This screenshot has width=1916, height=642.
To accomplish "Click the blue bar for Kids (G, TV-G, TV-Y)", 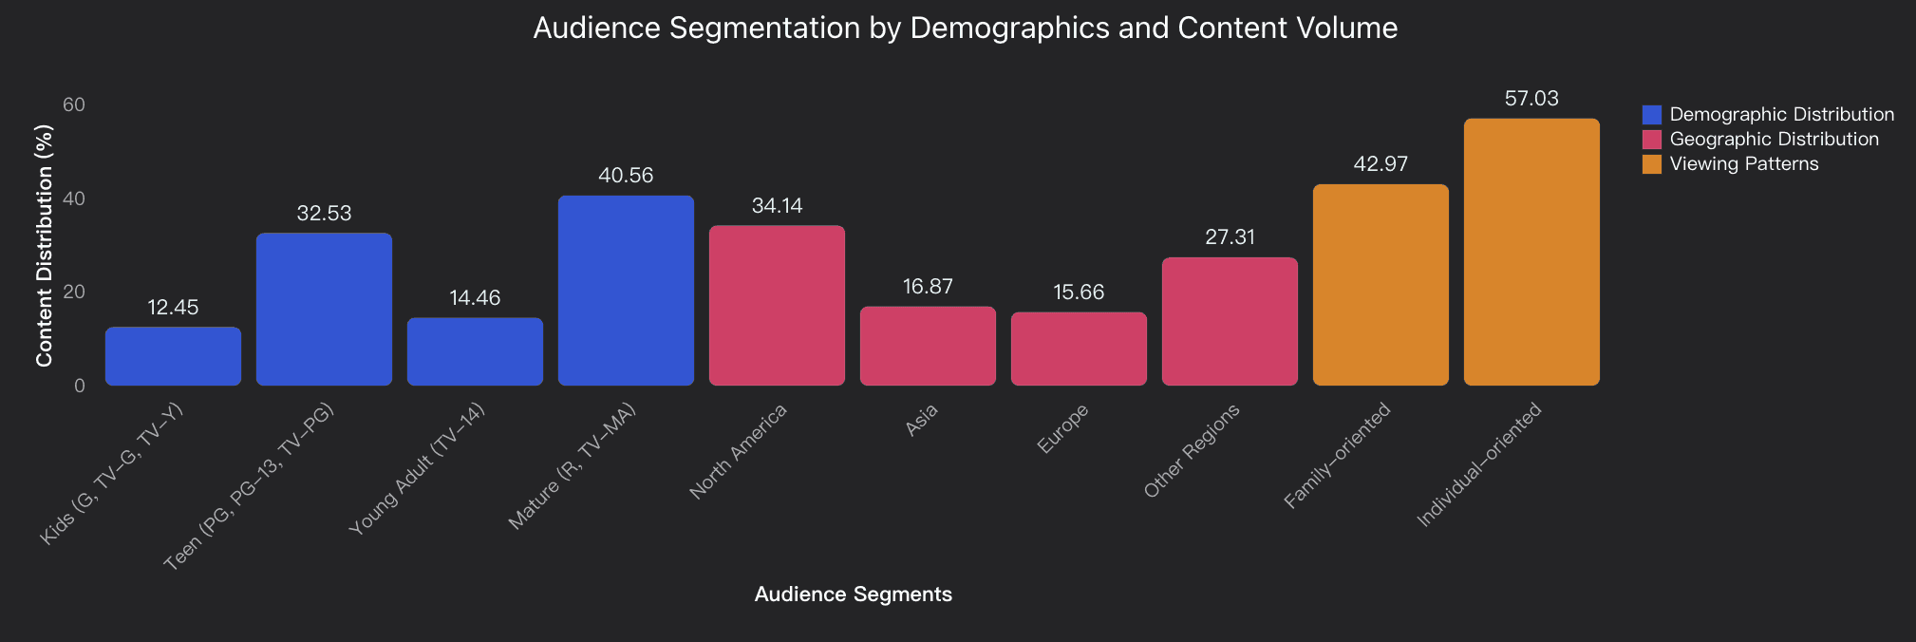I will [173, 356].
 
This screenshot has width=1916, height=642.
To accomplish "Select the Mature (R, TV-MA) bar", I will [626, 291].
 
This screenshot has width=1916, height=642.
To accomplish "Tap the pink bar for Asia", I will [928, 346].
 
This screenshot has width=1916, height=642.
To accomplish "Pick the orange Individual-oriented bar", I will [1531, 252].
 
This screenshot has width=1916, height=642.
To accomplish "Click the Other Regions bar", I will [1230, 321].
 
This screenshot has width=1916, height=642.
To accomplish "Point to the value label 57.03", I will [1531, 99].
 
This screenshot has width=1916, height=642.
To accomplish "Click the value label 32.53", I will [324, 214].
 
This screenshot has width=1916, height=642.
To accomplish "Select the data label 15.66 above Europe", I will [1079, 293].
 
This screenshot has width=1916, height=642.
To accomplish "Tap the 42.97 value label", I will [1381, 164].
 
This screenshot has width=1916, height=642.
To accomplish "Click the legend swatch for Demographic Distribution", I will [1652, 115].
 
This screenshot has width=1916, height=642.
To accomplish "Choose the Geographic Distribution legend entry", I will [1774, 140].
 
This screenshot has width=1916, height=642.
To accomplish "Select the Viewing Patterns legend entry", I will [1743, 164].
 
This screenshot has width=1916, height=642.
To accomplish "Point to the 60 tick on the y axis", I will [74, 104].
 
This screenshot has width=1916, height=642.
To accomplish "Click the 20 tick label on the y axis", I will [74, 292].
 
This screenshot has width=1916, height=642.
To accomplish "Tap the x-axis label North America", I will [739, 452].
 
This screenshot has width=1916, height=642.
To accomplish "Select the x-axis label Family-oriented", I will [1337, 456].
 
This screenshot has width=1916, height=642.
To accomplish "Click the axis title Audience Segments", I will [853, 595].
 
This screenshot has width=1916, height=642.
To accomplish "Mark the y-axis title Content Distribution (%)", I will [44, 245].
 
